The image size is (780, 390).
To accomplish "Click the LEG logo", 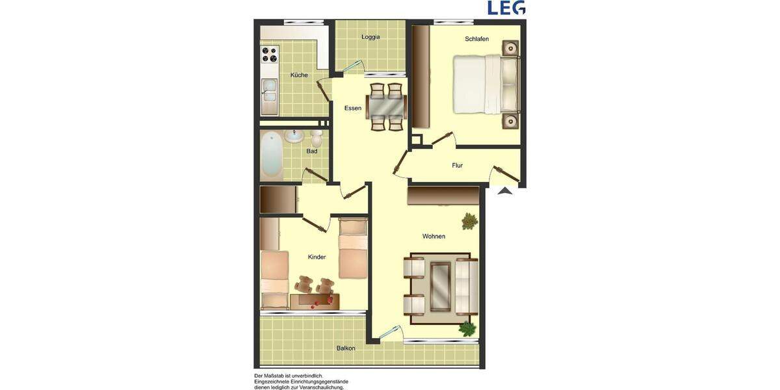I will pos(506,8).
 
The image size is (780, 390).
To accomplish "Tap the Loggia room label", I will pos(370,37).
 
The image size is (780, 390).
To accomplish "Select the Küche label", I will pos(299,75).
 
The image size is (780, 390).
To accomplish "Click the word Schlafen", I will pos(476,40).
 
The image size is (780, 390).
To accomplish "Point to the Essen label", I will pos(353,108).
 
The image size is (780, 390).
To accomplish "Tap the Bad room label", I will pos(312,151).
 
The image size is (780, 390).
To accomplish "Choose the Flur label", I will pos(458,166).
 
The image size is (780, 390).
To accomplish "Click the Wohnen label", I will pos(434,237).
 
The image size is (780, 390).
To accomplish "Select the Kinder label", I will pos(317,257).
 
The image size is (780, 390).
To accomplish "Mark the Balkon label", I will pos(346,348).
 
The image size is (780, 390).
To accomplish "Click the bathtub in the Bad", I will pos(272,155).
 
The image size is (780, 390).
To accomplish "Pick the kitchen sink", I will pos(268,94).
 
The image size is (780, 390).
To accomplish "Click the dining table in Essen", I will pos(386,105).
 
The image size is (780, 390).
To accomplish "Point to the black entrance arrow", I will pos(505,190).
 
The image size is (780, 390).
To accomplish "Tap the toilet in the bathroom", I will pos(316,138).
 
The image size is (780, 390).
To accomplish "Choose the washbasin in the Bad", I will pos(294,135).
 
